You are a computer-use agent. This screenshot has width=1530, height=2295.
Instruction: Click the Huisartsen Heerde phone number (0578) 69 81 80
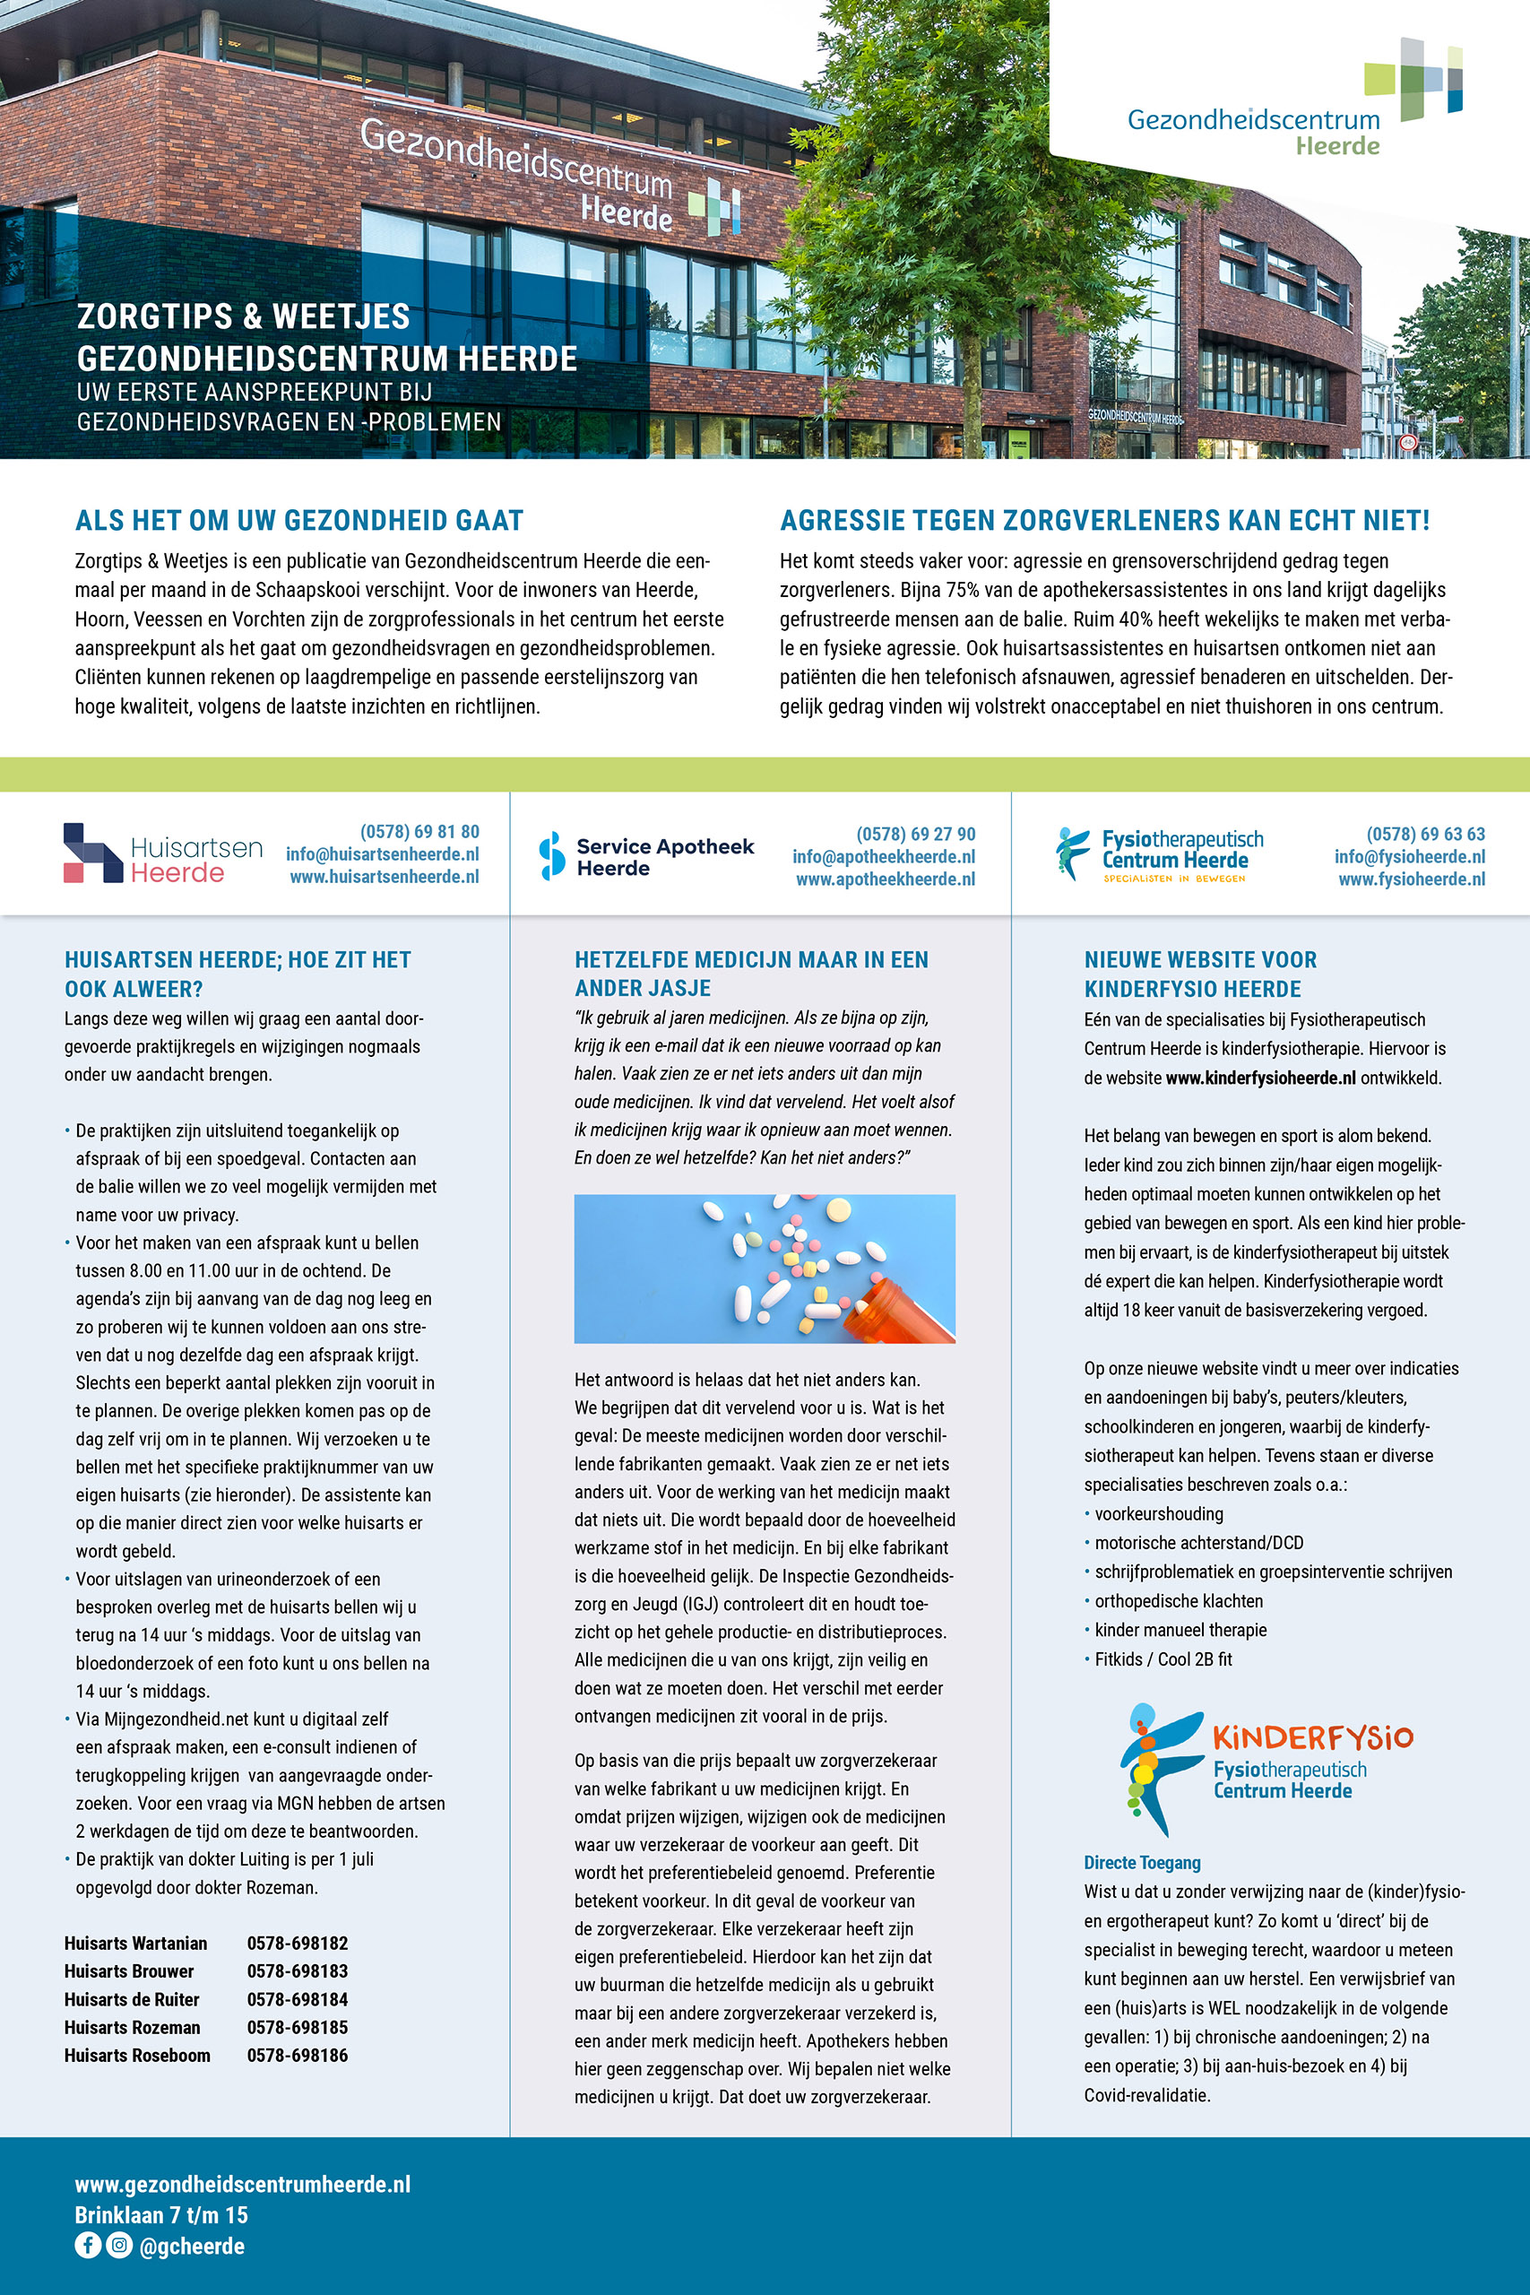[419, 831]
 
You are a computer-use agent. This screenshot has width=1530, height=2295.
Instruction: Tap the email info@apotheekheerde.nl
[883, 857]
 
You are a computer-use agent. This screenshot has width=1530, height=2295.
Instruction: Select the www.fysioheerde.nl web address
[1411, 879]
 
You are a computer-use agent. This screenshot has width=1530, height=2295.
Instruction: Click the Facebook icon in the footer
[88, 2244]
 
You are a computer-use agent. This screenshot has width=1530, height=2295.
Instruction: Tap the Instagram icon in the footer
[119, 2244]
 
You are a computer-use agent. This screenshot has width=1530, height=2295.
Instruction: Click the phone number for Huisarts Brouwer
[297, 1971]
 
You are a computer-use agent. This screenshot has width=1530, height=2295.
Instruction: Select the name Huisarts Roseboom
[136, 2055]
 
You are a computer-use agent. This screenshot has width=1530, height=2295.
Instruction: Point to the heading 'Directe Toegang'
[1142, 1863]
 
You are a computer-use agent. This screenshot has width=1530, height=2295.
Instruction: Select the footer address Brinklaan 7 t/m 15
[161, 2215]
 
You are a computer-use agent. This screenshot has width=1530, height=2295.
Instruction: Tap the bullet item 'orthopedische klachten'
[1178, 1601]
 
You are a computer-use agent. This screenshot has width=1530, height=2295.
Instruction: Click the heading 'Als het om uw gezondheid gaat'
[298, 520]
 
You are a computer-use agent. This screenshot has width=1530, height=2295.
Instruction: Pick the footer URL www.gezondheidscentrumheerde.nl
[242, 2184]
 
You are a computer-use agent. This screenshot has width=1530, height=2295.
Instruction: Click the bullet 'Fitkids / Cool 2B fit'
[1163, 1658]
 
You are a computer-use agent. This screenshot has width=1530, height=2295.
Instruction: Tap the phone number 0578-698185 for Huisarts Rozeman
[297, 2027]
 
